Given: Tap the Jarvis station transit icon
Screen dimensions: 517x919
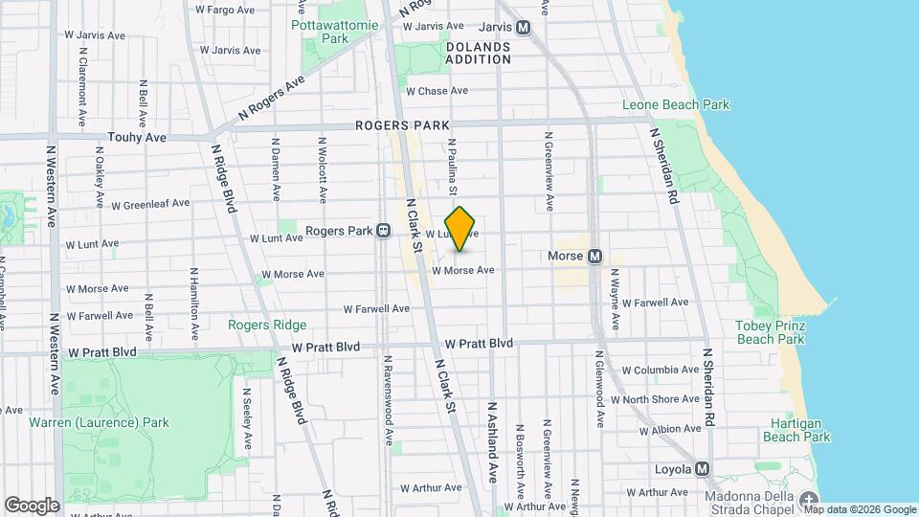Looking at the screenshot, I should (524, 28).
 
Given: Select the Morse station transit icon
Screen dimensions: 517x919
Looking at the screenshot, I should (594, 257).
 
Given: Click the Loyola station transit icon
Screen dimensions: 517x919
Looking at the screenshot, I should (704, 469).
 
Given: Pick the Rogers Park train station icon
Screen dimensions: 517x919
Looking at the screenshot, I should (383, 231).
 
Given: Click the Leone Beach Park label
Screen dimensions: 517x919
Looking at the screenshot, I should (676, 105).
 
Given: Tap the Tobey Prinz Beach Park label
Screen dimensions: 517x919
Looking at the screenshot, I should (770, 332).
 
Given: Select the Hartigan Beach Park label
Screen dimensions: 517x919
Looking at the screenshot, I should (796, 430).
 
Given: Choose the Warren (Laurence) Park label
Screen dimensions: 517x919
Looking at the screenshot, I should (99, 422).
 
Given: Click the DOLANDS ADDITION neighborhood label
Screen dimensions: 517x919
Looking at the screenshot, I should (479, 53).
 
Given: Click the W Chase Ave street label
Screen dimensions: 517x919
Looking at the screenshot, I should (437, 91).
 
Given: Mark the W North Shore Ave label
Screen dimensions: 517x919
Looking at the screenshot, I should (661, 399).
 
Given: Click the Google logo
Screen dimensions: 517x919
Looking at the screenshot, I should (32, 505).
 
